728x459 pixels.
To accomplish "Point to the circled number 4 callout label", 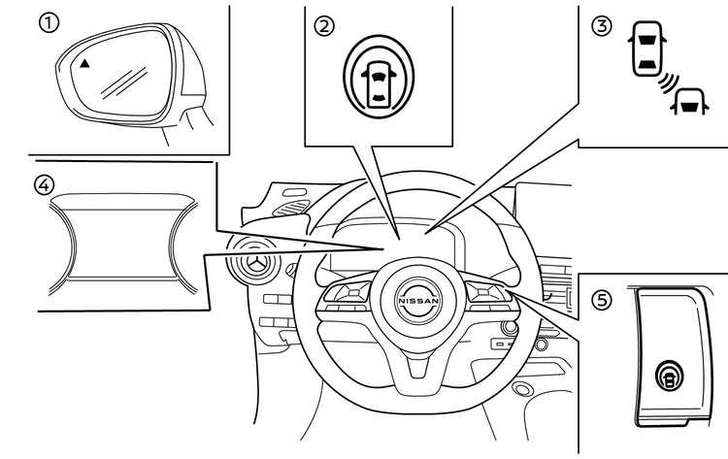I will (44, 183).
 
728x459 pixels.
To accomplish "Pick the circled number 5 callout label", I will (604, 301).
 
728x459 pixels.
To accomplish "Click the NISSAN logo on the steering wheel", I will (416, 302).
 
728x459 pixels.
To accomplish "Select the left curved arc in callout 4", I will (70, 239).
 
